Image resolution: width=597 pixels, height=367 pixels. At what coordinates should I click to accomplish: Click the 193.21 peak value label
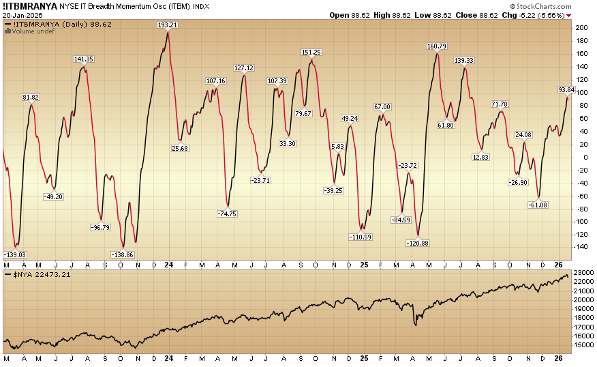pyautogui.click(x=168, y=25)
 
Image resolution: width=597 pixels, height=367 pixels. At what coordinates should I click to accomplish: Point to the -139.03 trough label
pyautogui.click(x=16, y=254)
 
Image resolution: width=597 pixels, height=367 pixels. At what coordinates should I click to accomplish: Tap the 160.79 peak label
pyautogui.click(x=437, y=46)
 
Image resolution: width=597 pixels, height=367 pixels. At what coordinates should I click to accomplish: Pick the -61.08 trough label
pyautogui.click(x=538, y=205)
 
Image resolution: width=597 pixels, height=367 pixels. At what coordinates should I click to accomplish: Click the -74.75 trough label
pyautogui.click(x=227, y=214)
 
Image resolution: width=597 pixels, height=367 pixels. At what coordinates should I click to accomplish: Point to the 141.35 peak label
pyautogui.click(x=84, y=59)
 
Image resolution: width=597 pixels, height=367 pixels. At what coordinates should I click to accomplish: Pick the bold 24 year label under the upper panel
pyautogui.click(x=168, y=263)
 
